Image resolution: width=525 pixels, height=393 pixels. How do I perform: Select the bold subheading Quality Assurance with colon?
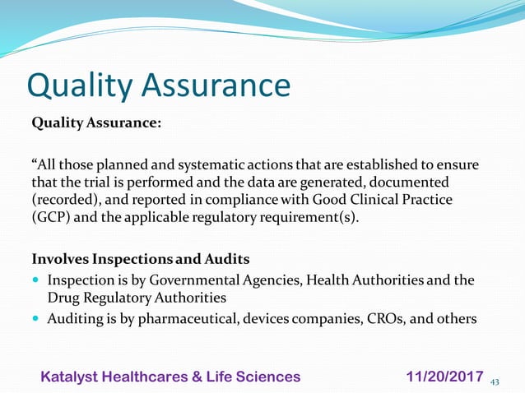(x=96, y=123)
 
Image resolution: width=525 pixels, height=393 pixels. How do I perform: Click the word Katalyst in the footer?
(x=73, y=376)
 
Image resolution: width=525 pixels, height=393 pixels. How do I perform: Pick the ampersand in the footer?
(x=205, y=376)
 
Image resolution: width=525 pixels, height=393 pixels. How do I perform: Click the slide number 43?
(x=495, y=381)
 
